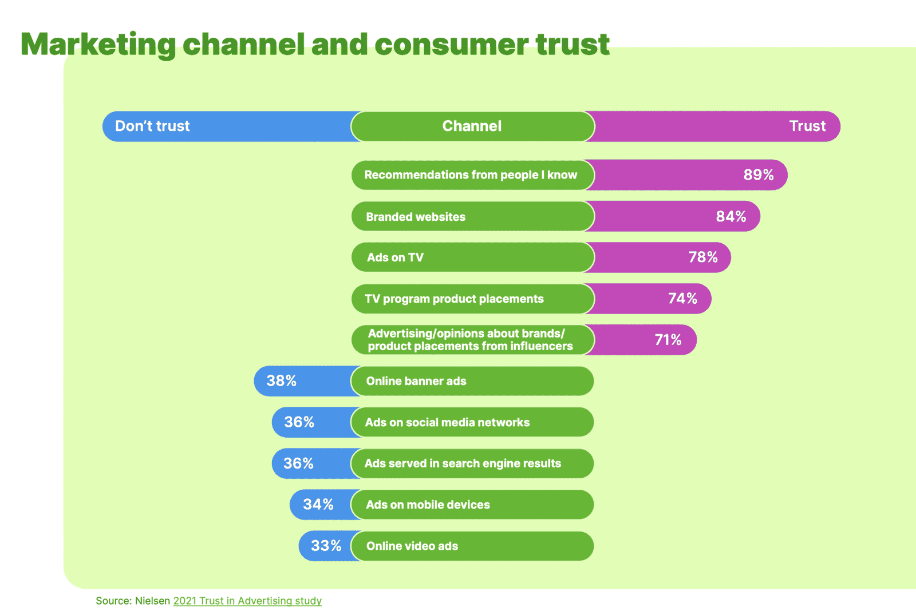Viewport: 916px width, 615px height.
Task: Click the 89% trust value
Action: pos(759,175)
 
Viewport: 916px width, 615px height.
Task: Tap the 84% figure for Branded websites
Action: pos(731,216)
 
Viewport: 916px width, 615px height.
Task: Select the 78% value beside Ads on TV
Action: pos(704,257)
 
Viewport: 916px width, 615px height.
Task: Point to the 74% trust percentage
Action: pos(682,298)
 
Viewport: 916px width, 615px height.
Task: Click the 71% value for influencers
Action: pos(668,340)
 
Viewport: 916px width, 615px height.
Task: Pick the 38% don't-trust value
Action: pos(281,381)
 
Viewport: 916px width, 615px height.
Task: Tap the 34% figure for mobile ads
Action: pos(318,504)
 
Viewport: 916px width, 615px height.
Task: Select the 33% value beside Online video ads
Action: pos(326,546)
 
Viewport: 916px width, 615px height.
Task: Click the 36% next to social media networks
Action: pos(299,422)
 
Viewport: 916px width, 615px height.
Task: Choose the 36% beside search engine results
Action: pos(298,463)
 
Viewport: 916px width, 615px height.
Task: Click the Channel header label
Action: pos(472,126)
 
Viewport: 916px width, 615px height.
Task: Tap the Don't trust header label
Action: pos(152,126)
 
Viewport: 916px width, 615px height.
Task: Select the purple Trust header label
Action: pos(807,126)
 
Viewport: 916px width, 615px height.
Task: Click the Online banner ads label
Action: pos(416,381)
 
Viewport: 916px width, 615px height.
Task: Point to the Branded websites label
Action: pos(416,217)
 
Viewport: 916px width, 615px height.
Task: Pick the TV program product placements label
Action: pos(454,299)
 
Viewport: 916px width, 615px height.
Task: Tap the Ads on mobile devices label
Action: pos(428,505)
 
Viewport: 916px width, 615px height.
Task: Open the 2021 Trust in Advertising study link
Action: pos(247,601)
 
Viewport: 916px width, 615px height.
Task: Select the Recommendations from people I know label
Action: pos(471,175)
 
